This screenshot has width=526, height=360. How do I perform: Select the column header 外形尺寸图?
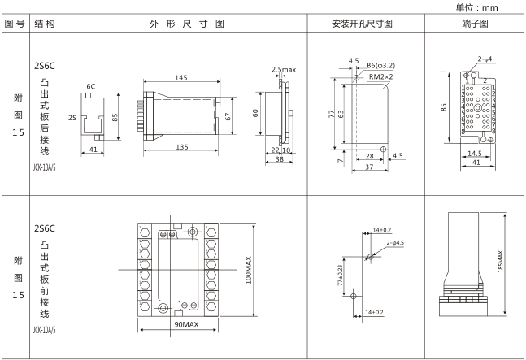click(x=186, y=24)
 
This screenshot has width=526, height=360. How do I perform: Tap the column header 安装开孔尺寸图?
click(x=362, y=24)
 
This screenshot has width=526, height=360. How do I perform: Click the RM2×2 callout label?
click(x=382, y=76)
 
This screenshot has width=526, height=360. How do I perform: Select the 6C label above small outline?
click(x=90, y=85)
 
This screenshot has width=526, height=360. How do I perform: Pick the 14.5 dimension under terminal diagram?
click(x=476, y=152)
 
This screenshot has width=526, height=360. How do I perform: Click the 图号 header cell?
click(x=15, y=24)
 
